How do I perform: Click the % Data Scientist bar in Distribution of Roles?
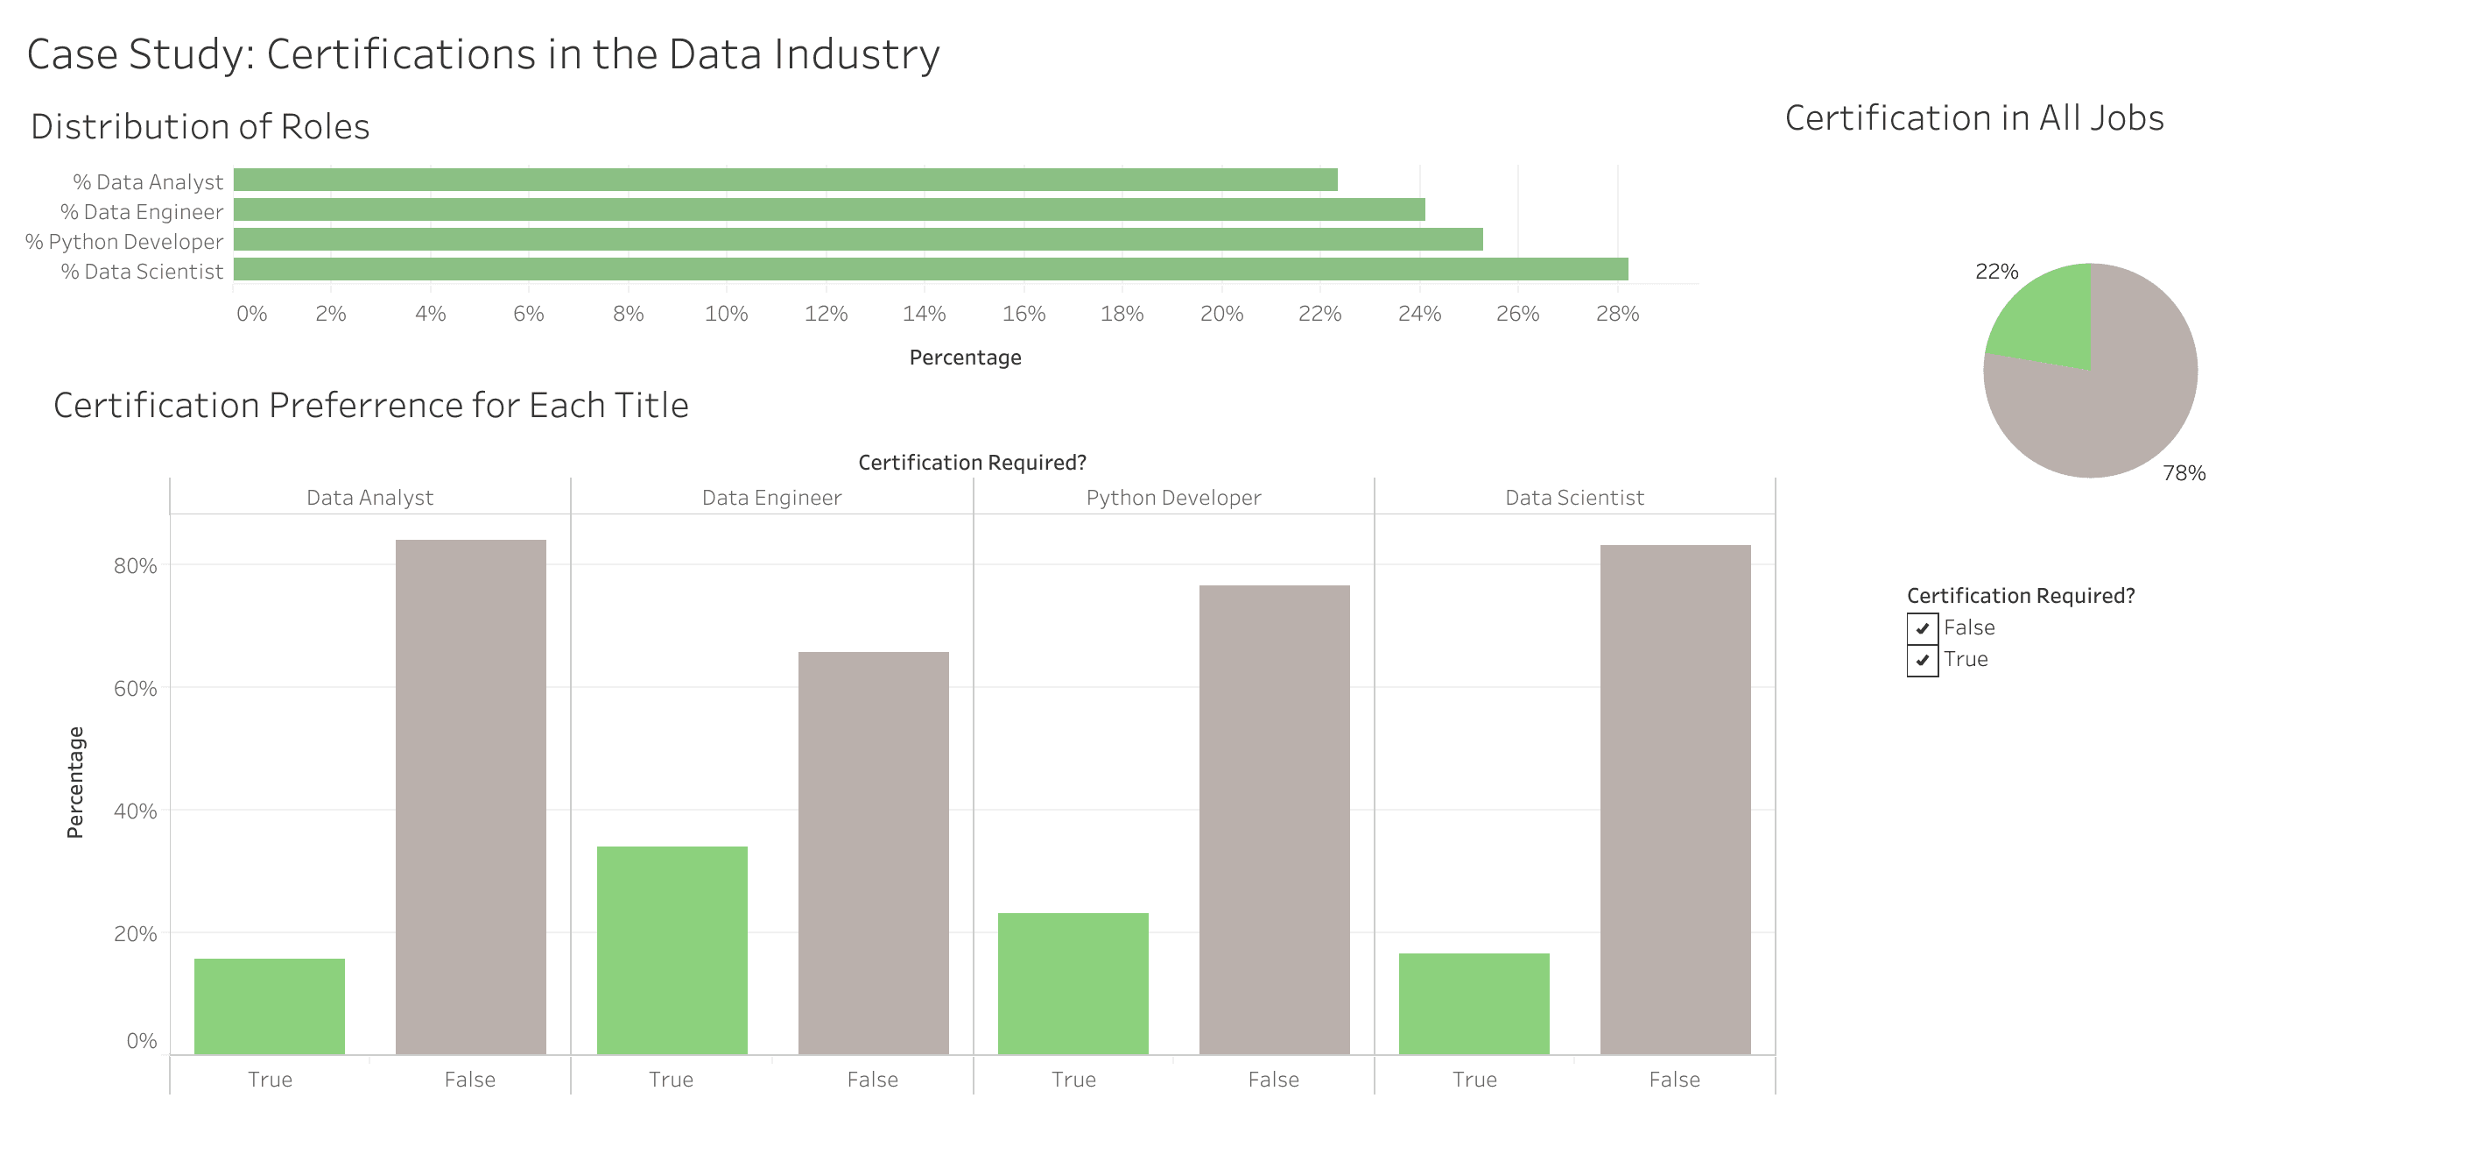point(930,270)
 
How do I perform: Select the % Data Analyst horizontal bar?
point(785,180)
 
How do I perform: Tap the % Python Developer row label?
point(124,242)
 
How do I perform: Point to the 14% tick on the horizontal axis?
point(924,314)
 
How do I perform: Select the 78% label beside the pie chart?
point(2184,473)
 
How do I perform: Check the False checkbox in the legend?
point(1922,628)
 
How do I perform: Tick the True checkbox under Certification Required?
point(1922,660)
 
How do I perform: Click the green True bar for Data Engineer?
point(672,949)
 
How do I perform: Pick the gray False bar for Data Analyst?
point(471,796)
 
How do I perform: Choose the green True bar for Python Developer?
point(1073,983)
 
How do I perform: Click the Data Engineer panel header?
point(771,498)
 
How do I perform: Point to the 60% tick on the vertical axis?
point(135,689)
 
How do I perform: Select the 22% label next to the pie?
point(1996,272)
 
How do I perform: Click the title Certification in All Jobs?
point(1973,118)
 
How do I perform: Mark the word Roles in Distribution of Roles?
point(325,126)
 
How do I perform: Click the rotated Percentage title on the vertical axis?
point(75,782)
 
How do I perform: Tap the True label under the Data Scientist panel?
point(1474,1080)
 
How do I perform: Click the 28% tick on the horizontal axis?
point(1617,314)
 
